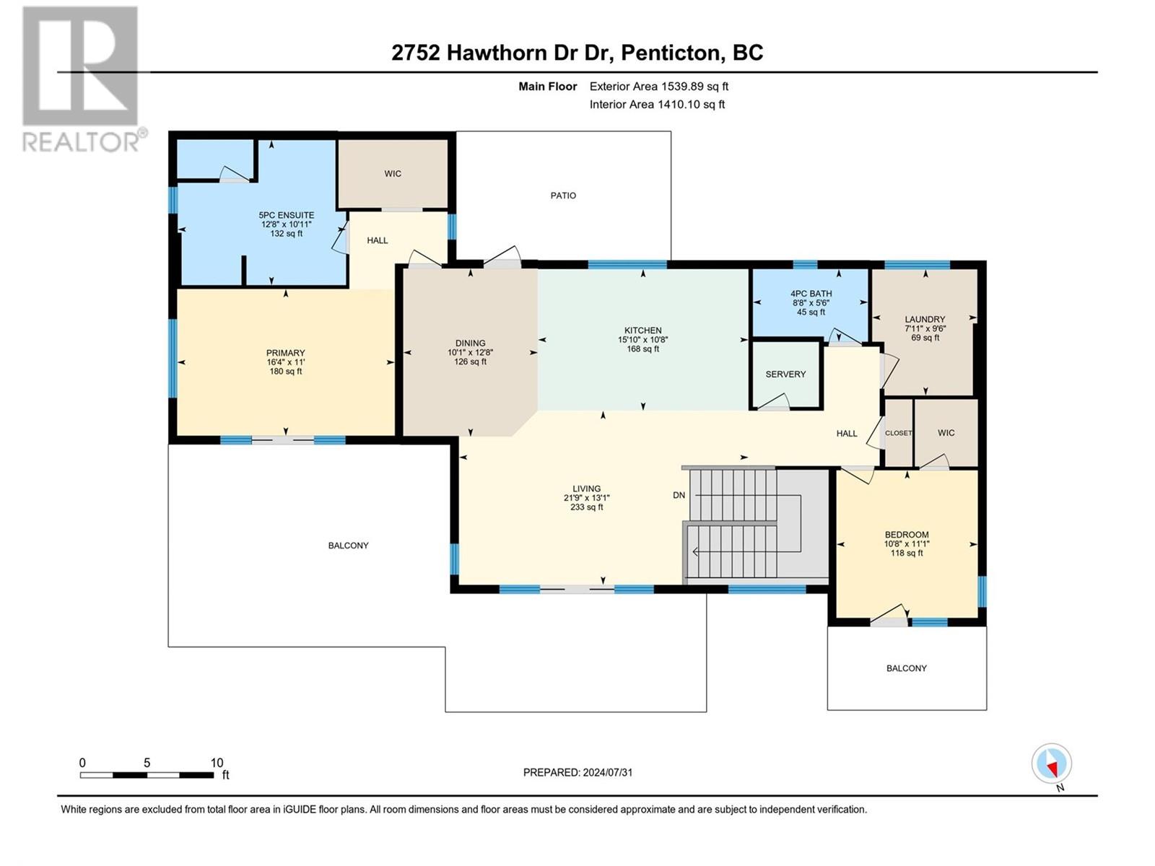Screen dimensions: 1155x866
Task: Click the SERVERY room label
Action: (785, 374)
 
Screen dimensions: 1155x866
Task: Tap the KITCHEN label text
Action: (642, 331)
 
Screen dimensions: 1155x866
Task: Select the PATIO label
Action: (563, 196)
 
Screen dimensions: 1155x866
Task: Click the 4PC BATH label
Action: (811, 294)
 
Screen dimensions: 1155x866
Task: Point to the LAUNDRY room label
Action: (925, 319)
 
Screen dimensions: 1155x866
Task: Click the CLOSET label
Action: (898, 433)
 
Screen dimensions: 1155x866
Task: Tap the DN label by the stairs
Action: (679, 495)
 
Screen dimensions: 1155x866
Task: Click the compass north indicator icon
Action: (1051, 764)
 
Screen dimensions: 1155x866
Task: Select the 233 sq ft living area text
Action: (586, 507)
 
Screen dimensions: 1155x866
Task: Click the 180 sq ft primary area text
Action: (286, 371)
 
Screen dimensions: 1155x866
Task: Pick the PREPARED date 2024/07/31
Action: (608, 772)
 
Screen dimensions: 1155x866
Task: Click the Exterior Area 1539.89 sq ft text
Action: (659, 86)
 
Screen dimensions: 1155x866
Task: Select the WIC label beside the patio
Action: (393, 173)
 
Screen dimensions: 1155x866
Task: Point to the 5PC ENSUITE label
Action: (287, 215)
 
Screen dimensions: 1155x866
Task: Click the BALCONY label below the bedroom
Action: (906, 668)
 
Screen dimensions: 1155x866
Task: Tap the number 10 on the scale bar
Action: (217, 762)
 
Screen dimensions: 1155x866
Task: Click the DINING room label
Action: (471, 344)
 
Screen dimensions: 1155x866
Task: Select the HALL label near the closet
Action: (847, 433)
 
